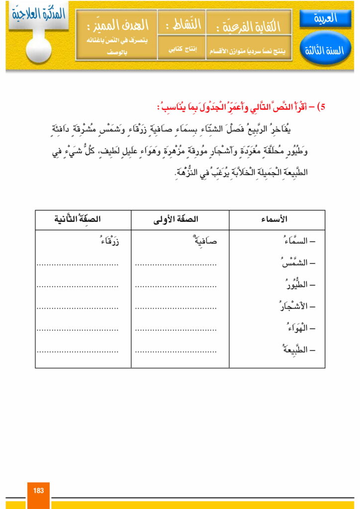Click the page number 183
click(x=39, y=490)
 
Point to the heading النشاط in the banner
click(x=181, y=24)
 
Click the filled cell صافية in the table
click(x=204, y=242)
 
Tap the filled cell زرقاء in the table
click(x=108, y=242)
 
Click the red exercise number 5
click(x=322, y=106)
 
